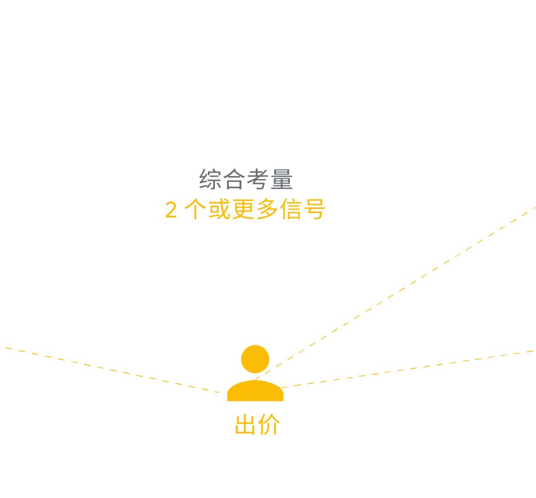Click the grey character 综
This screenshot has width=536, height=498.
tap(210, 179)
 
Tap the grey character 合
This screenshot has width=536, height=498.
tap(234, 179)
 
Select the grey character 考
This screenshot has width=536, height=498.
tap(258, 179)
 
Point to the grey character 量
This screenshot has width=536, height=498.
tap(282, 179)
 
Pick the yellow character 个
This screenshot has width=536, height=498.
tap(196, 210)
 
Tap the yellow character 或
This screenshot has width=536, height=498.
tap(219, 210)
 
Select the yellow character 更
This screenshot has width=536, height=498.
tap(243, 210)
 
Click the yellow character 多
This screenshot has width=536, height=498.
tap(267, 210)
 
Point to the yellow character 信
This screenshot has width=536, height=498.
tap(291, 210)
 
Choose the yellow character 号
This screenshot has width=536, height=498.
tap(315, 210)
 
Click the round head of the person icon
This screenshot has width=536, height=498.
tap(255, 359)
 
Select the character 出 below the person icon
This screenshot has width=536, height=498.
tap(246, 425)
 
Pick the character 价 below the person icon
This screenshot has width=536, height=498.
tap(269, 425)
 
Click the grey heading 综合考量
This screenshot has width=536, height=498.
tap(246, 179)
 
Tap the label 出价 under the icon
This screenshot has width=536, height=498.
tap(258, 425)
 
